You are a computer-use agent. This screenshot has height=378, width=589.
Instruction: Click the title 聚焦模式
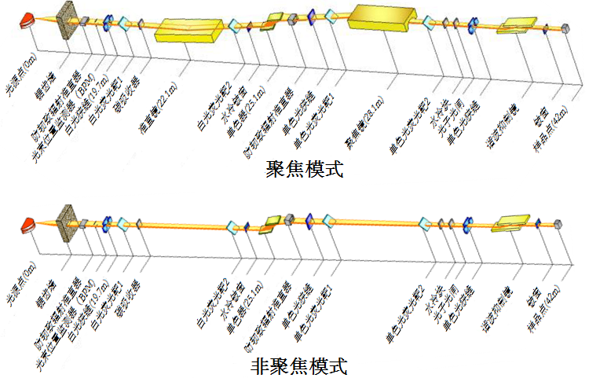[305, 168]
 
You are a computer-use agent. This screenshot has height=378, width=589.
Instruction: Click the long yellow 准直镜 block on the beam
[189, 31]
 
